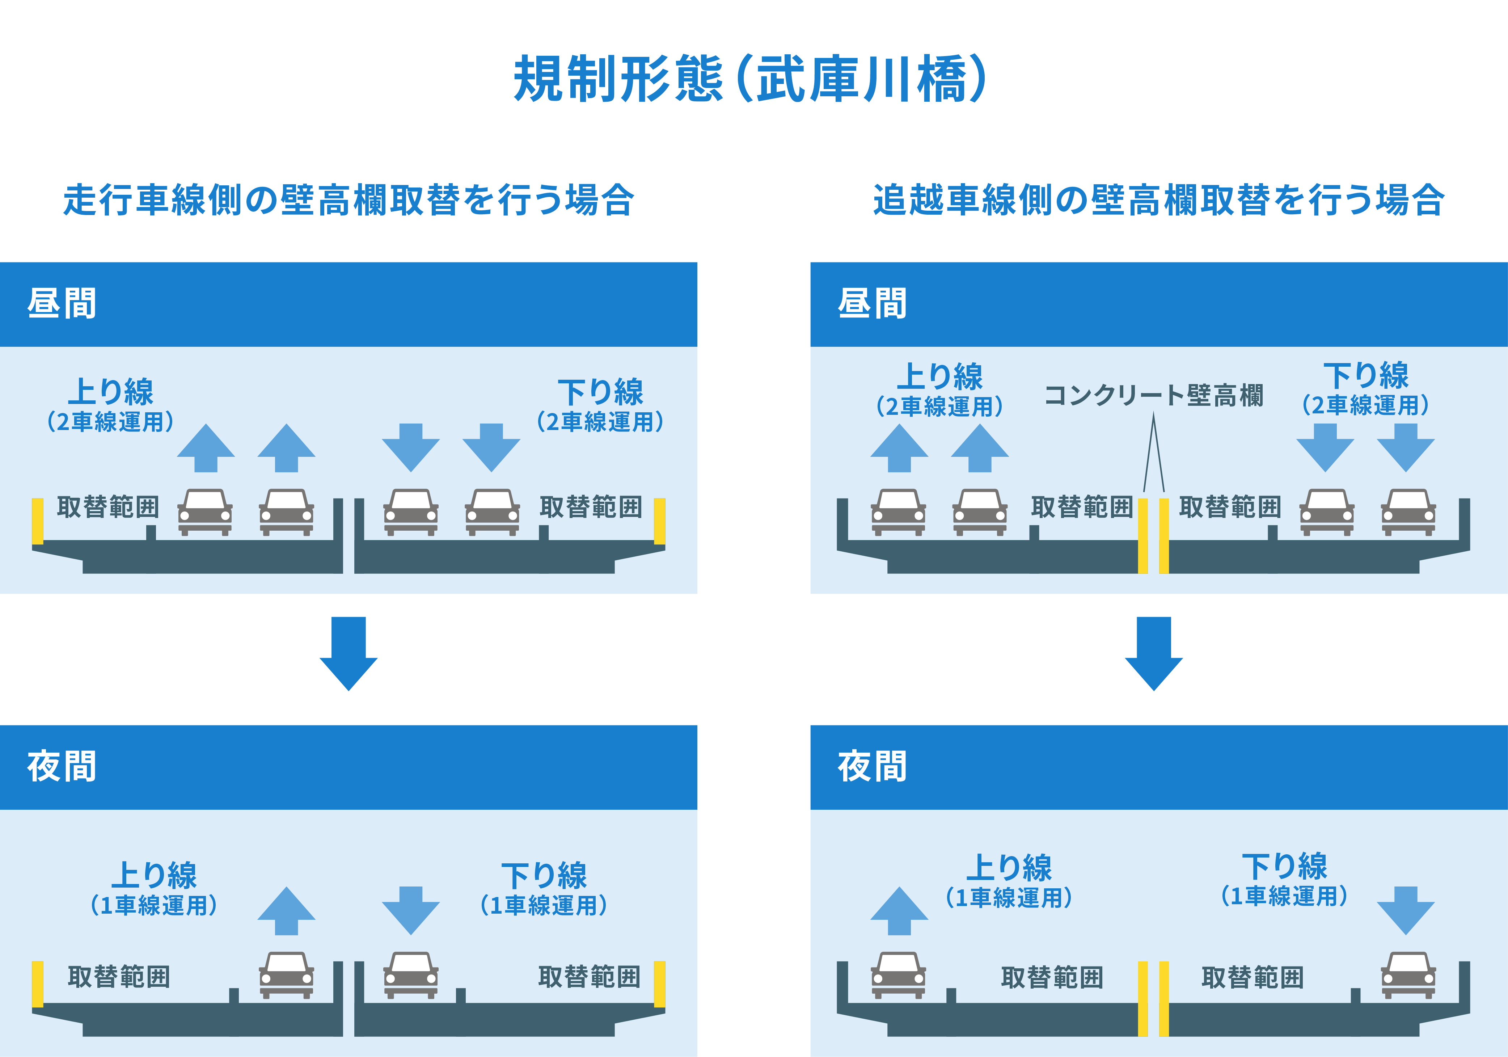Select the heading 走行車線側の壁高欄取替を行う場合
click(x=349, y=200)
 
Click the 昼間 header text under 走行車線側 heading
click(x=62, y=303)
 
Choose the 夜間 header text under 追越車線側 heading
click(x=872, y=767)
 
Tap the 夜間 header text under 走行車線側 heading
click(x=62, y=767)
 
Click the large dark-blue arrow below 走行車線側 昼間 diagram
click(x=349, y=654)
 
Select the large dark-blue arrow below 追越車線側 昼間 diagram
click(x=1154, y=654)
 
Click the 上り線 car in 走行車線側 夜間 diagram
click(x=286, y=975)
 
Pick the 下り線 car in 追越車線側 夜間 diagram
click(x=1408, y=975)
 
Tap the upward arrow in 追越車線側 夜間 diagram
click(x=899, y=910)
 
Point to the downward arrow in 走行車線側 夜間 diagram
click(x=411, y=910)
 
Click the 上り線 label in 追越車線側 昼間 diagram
click(x=940, y=376)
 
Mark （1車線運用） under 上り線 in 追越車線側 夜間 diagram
click(x=1009, y=897)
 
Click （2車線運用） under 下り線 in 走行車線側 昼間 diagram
click(x=600, y=421)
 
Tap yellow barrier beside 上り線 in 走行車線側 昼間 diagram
click(x=37, y=522)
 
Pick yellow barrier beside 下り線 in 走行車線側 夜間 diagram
click(x=659, y=984)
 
